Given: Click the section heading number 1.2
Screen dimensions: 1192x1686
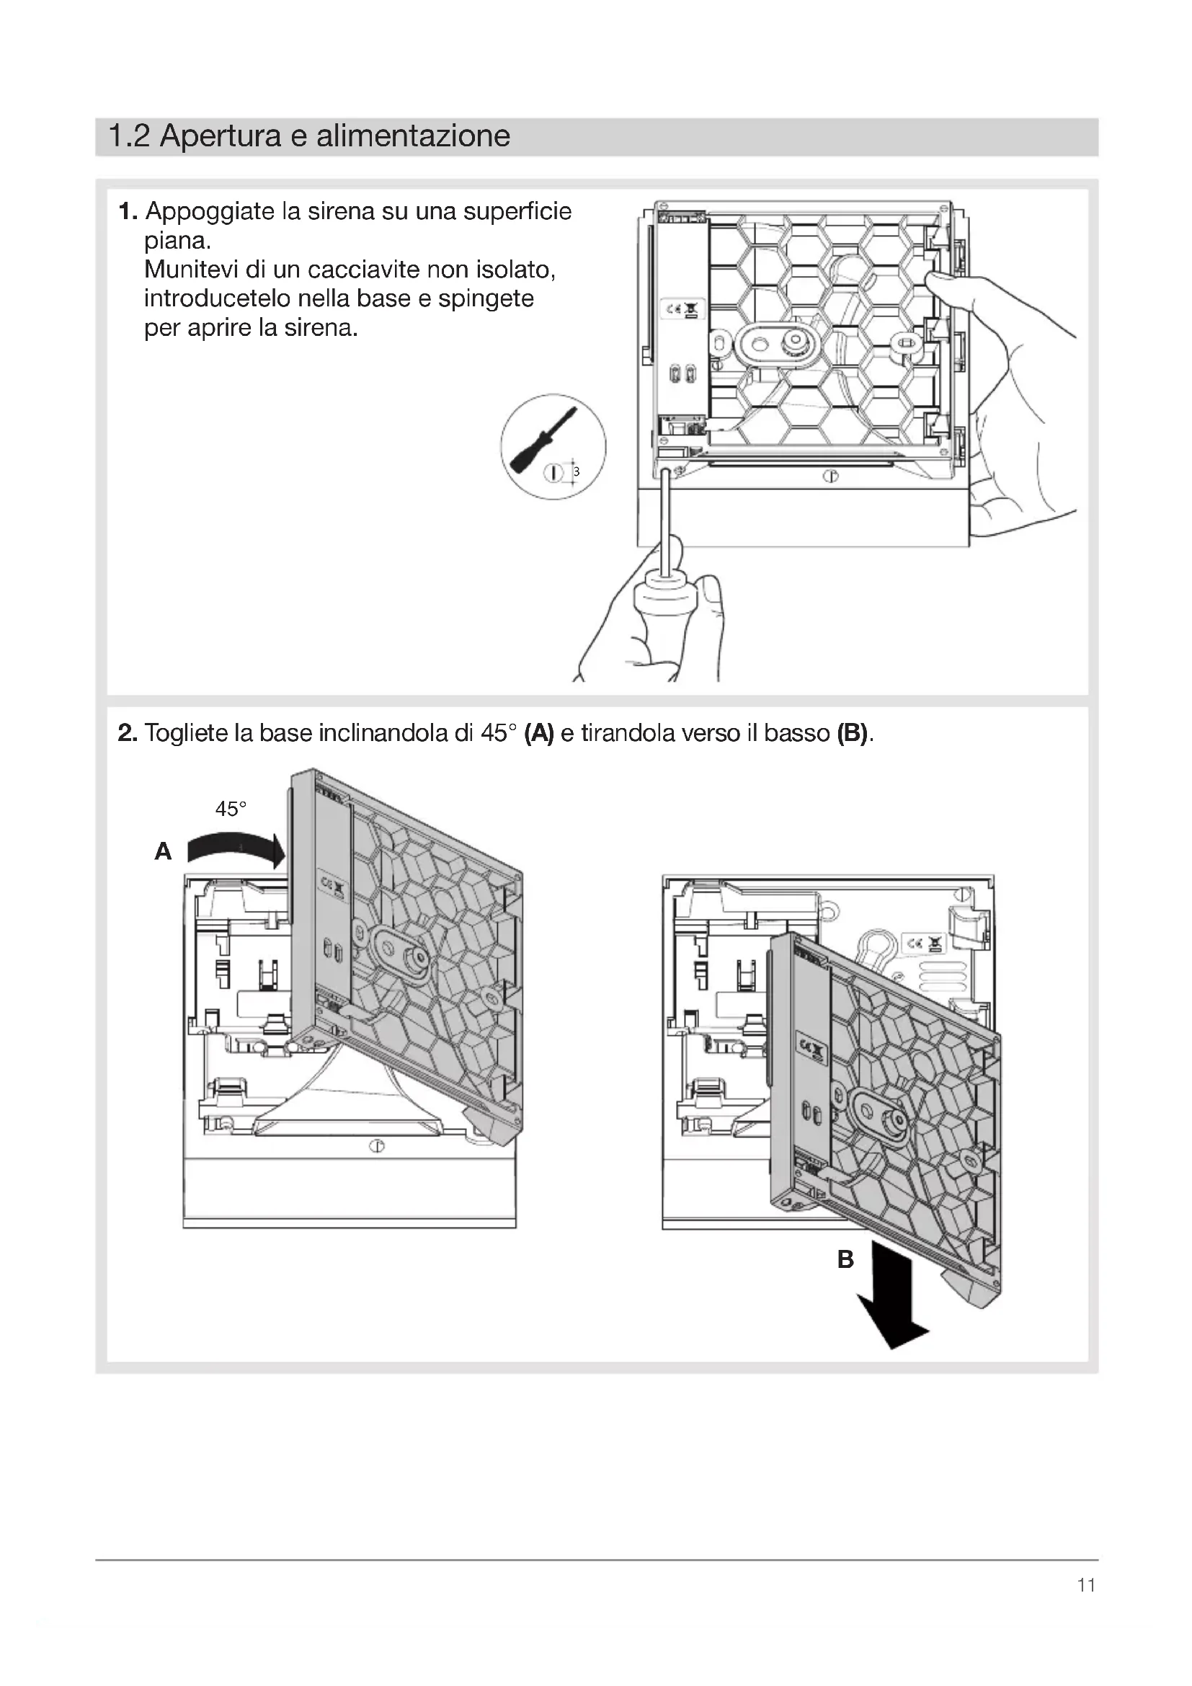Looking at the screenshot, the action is [x=129, y=136].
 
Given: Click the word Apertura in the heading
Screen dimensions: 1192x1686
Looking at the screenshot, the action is [x=221, y=136].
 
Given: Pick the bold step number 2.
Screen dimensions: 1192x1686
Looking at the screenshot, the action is [x=128, y=733].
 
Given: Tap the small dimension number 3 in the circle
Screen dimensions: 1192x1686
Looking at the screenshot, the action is [x=577, y=472].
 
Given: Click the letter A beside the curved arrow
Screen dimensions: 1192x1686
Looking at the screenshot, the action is [x=163, y=852].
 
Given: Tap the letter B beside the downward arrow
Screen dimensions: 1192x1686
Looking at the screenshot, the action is [x=845, y=1260].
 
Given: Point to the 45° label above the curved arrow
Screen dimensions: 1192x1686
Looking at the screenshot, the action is [x=231, y=809].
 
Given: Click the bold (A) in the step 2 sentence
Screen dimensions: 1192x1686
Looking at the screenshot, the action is [x=539, y=733].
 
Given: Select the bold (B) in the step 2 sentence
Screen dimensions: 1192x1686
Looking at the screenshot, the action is [x=852, y=733].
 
